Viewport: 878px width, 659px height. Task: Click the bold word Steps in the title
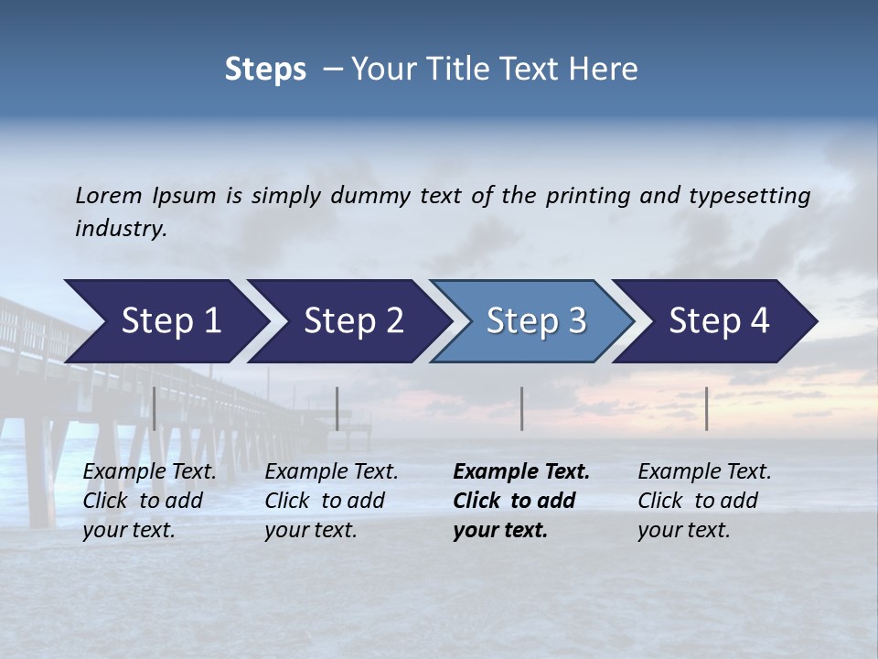coord(265,70)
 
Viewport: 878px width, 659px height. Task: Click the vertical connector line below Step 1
coord(155,408)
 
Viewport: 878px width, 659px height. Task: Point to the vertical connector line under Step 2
coord(337,408)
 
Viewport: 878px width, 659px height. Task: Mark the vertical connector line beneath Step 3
coord(521,408)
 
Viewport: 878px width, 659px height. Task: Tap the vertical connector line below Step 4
coord(707,408)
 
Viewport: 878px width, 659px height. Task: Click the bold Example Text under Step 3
coord(521,501)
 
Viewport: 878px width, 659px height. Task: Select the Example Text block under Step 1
coord(149,501)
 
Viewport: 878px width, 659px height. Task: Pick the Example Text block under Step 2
coord(331,501)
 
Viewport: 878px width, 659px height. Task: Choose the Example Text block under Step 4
coord(704,501)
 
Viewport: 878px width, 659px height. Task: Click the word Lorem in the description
coord(108,196)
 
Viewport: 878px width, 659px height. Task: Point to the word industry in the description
coord(121,229)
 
